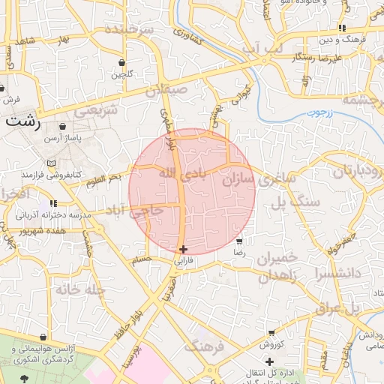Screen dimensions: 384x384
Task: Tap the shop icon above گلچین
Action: point(121,62)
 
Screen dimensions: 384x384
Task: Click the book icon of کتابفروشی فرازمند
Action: point(51,163)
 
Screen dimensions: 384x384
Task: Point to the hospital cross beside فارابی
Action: point(184,249)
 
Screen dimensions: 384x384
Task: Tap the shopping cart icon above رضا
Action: point(239,241)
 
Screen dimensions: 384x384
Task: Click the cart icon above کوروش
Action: point(271,332)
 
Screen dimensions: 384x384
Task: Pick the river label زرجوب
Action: point(317,113)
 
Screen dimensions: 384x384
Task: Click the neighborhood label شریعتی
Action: point(98,109)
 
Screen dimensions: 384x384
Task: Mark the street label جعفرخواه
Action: point(340,244)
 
